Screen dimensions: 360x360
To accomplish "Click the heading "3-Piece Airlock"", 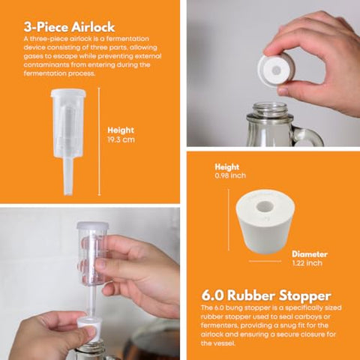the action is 69,27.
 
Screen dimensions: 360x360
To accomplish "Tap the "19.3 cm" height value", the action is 121,139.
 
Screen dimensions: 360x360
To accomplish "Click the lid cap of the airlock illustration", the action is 68,93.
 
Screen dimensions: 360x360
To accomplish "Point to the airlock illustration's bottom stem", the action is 67,176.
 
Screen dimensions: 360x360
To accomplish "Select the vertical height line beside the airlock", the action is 99,142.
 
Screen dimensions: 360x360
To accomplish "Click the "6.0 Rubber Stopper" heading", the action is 266,295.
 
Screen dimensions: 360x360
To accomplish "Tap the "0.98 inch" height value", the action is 230,175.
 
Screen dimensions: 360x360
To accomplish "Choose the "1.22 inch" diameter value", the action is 307,263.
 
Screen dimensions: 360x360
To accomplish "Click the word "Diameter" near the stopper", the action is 310,254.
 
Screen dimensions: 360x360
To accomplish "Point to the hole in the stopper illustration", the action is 265,206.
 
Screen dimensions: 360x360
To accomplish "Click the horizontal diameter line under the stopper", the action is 265,261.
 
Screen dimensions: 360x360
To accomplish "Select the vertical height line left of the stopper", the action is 229,220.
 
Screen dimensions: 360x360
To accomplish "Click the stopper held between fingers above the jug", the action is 276,70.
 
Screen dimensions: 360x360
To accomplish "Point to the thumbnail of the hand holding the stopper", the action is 283,91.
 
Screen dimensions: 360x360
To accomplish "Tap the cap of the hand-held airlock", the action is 93,226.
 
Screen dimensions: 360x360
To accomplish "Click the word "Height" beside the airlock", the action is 121,130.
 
